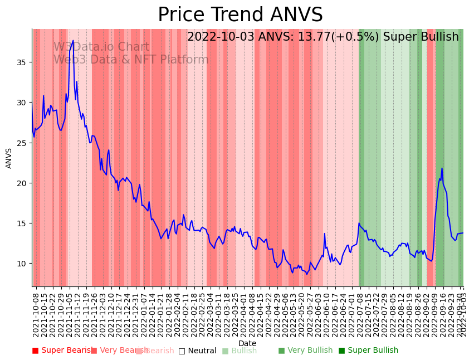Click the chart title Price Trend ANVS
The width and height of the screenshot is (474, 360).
tap(240, 15)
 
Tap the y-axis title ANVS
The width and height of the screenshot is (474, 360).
tap(9, 158)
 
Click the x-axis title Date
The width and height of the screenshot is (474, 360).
tap(247, 343)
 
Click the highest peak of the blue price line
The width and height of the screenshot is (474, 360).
tap(73, 40)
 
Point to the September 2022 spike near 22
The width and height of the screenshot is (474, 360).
tap(442, 168)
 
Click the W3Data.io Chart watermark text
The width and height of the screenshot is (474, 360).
tap(101, 47)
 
